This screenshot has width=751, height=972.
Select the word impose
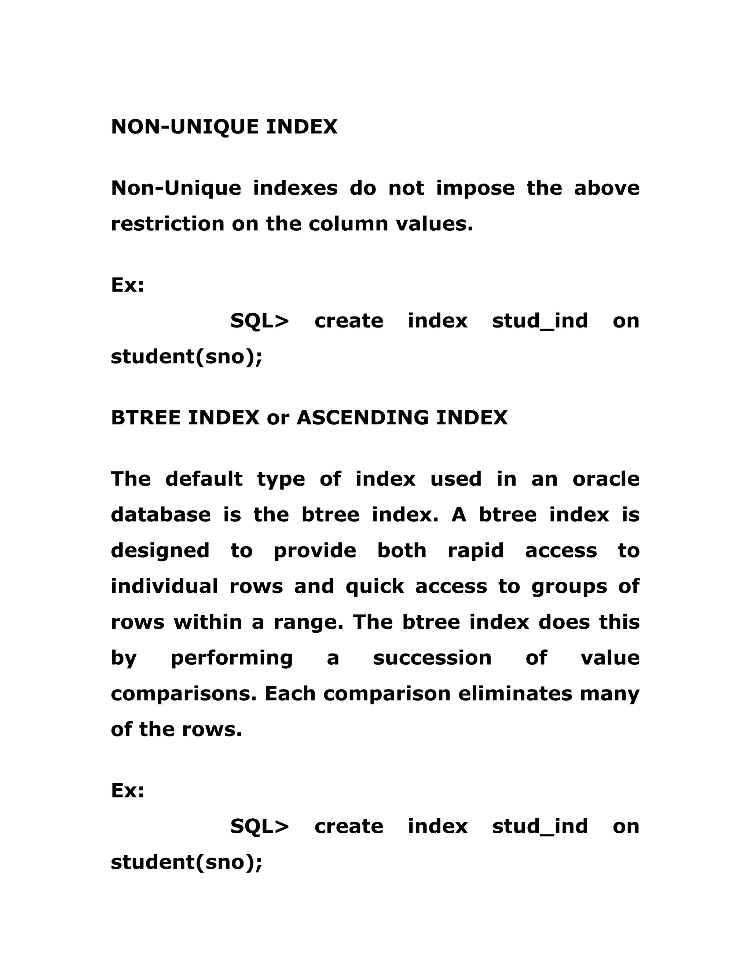point(475,188)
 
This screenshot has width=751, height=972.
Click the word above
point(607,188)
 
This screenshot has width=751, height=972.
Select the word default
point(204,479)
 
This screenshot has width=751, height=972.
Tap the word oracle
point(606,479)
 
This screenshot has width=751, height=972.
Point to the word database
point(161,515)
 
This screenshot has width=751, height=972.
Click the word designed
point(160,551)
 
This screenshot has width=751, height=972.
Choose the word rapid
point(476,551)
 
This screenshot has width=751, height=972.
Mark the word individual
point(165,586)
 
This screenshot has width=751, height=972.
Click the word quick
point(375,587)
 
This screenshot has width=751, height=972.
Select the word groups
point(569,587)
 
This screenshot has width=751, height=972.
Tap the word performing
point(232,658)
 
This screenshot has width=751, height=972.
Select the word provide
point(315,551)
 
